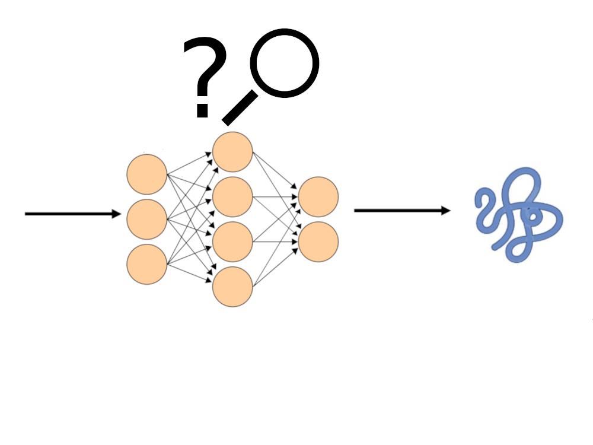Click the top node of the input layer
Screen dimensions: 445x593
[x=146, y=174]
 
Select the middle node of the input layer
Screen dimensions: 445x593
[x=146, y=220]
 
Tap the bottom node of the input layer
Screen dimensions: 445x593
[x=146, y=264]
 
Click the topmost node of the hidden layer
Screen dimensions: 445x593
[x=233, y=152]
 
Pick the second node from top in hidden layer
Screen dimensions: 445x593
[x=233, y=196]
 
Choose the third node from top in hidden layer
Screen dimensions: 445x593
[x=233, y=241]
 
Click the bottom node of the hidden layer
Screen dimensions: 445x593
[x=233, y=287]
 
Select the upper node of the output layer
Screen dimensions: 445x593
[x=318, y=196]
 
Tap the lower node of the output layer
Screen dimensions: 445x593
[x=318, y=241]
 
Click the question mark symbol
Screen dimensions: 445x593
[x=205, y=65]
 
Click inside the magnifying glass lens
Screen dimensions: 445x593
[x=285, y=63]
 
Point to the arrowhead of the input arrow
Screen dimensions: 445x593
[x=116, y=214]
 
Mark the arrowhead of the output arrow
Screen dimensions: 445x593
[x=445, y=211]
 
